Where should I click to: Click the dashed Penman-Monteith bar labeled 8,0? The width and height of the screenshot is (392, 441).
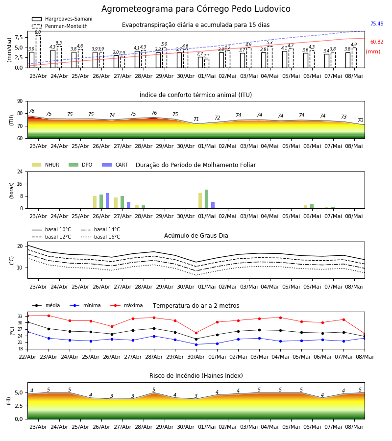coord(38,51)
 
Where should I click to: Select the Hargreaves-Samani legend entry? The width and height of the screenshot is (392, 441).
coord(62,19)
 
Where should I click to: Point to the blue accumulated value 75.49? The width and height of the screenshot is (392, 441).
coord(377,24)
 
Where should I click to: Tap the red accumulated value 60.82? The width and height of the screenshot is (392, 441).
coord(377,42)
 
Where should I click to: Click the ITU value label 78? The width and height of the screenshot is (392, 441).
coord(32,111)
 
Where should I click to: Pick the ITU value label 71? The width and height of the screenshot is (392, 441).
coord(196,119)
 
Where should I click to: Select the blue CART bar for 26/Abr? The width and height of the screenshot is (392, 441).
coord(107,201)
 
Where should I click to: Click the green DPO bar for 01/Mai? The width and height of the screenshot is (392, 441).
coord(207,199)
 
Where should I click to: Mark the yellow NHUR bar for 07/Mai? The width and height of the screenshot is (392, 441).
coord(326,208)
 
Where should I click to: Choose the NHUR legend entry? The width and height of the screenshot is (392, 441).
coord(45,165)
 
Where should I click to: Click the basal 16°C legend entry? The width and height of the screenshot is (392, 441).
coord(100,237)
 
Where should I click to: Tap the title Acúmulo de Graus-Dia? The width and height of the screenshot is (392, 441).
coord(196,235)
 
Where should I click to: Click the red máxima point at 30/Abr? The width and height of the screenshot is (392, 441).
coord(196,333)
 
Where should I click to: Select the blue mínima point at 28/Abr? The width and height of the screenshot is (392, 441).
coord(154,336)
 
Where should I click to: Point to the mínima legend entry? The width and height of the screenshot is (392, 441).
coord(85,305)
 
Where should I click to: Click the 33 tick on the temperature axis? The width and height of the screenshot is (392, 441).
coord(20,317)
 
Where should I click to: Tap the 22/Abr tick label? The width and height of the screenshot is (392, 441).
coord(27,357)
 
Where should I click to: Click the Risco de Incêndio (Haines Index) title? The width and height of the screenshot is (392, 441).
coord(196,375)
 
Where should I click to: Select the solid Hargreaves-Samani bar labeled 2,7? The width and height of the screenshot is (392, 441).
coord(200,62)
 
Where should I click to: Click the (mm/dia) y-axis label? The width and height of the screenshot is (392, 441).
coord(9,50)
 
